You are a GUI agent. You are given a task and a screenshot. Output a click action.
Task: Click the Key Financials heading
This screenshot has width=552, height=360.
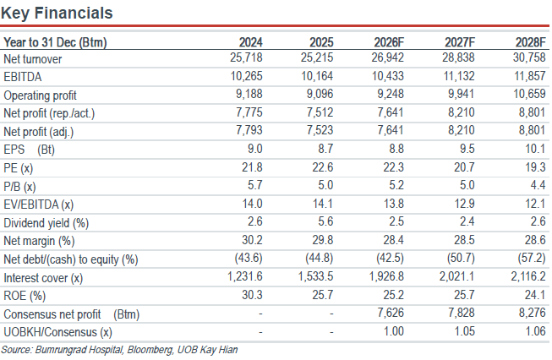[57, 14]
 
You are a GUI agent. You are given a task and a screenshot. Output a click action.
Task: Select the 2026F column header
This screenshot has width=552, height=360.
[389, 42]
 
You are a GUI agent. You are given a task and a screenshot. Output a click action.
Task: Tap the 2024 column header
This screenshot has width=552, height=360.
[251, 42]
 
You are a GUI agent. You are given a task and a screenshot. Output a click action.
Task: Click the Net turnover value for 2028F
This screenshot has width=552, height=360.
[529, 57]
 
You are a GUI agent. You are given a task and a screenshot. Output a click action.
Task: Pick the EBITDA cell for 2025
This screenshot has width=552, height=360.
[317, 76]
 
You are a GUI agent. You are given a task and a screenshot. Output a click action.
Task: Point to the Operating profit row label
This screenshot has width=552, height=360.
[40, 95]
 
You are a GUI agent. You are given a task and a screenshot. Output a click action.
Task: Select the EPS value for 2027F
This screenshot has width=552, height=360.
[467, 149]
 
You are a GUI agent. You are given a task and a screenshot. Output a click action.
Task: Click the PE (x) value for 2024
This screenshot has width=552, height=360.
[252, 166]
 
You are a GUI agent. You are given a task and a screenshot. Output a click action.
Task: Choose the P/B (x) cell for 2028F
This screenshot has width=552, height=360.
[538, 185]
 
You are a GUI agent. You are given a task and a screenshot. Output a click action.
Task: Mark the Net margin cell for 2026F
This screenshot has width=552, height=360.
[394, 240]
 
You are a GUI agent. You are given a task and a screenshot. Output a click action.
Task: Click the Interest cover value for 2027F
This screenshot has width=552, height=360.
[457, 276]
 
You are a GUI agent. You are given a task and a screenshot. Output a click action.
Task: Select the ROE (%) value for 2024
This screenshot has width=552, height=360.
[252, 295]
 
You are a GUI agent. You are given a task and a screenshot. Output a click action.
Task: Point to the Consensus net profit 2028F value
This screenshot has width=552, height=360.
[533, 313]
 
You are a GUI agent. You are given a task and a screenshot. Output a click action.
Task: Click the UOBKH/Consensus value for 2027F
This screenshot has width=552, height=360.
[465, 331]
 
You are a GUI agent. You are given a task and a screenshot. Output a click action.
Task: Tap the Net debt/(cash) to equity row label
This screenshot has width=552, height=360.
[71, 259]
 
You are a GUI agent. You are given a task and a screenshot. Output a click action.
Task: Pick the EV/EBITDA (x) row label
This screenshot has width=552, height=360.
[39, 205]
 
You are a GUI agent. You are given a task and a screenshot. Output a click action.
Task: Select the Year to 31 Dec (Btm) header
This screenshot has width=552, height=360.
[55, 42]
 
